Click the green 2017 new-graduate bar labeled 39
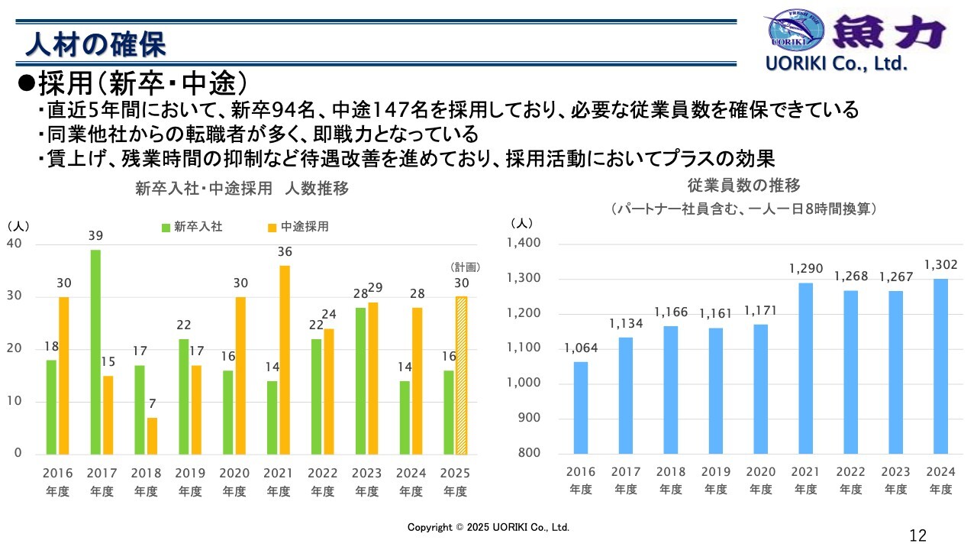(95, 351)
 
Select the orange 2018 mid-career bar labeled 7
(153, 435)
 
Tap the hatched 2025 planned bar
(462, 375)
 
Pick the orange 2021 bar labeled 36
(285, 359)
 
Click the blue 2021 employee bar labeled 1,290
(806, 368)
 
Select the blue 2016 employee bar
(581, 407)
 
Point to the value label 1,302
(940, 265)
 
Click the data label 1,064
(581, 348)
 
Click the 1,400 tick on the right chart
(524, 244)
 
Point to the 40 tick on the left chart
(15, 244)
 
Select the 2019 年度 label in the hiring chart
(191, 482)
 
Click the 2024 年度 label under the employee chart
(940, 481)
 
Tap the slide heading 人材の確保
(95, 44)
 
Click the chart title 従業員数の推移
(743, 186)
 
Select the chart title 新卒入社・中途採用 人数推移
(241, 189)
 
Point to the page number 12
(918, 535)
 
